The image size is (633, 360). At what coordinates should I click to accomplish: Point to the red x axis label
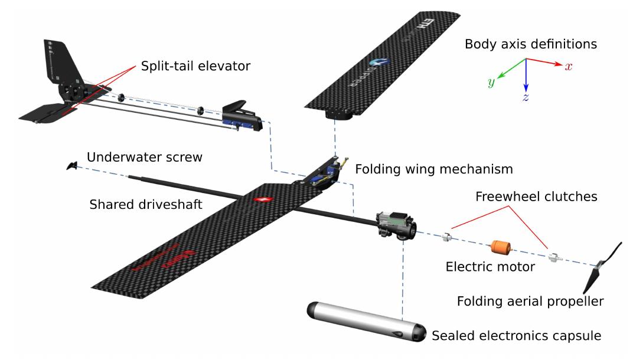[x=568, y=67]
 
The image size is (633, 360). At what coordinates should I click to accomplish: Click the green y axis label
[x=491, y=83]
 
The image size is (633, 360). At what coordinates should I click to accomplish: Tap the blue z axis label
[x=524, y=97]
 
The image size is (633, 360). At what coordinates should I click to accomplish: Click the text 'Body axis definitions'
[x=530, y=44]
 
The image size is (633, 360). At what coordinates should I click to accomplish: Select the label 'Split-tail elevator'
[x=195, y=66]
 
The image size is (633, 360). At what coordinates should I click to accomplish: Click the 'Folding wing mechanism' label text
[x=433, y=169]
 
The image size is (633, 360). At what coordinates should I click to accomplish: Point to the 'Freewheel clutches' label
[x=536, y=197]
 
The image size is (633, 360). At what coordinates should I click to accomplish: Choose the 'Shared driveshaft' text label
[x=145, y=205]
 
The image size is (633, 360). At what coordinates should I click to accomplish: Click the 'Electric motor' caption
[x=490, y=267]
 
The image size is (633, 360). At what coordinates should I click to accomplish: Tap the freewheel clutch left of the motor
[x=448, y=238]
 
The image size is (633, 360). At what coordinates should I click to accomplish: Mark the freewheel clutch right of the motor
[x=553, y=257]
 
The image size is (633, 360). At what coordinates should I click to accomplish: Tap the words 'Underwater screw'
[x=145, y=157]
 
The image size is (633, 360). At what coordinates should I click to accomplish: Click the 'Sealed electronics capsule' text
[x=516, y=336]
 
